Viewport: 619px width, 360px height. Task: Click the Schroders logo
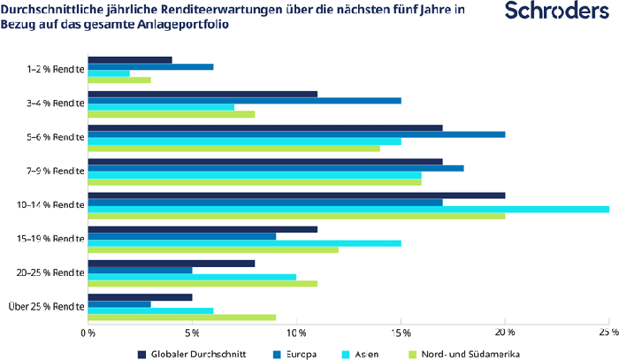coord(550,11)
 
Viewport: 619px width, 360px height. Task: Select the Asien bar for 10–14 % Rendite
coord(348,209)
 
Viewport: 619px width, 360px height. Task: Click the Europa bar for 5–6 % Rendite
coord(296,134)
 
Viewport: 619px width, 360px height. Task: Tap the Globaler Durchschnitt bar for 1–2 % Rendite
coord(130,60)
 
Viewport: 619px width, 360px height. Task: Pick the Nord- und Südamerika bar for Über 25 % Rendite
coord(181,317)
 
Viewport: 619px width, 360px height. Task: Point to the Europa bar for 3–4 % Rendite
coord(244,100)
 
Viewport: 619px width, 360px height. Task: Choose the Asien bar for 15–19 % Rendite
coord(244,242)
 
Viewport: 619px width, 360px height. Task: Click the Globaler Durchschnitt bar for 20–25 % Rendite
coord(172,263)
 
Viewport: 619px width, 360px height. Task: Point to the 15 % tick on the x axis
coord(401,333)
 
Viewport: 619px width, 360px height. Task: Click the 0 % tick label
coord(88,333)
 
